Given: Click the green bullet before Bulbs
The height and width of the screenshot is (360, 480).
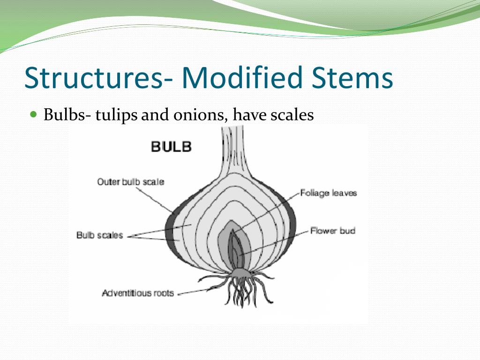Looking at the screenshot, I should pyautogui.click(x=33, y=114).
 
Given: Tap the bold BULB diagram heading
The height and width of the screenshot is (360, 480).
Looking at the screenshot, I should pyautogui.click(x=172, y=146).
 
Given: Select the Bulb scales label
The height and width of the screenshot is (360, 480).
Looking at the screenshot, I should pyautogui.click(x=99, y=235).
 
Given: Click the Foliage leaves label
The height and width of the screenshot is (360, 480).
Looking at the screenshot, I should pyautogui.click(x=329, y=193).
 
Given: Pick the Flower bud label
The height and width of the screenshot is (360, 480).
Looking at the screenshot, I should pyautogui.click(x=333, y=231).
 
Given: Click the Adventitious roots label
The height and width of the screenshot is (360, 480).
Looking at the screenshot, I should pyautogui.click(x=138, y=293).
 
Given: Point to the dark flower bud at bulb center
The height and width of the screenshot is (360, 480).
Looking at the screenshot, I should pyautogui.click(x=236, y=248).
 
